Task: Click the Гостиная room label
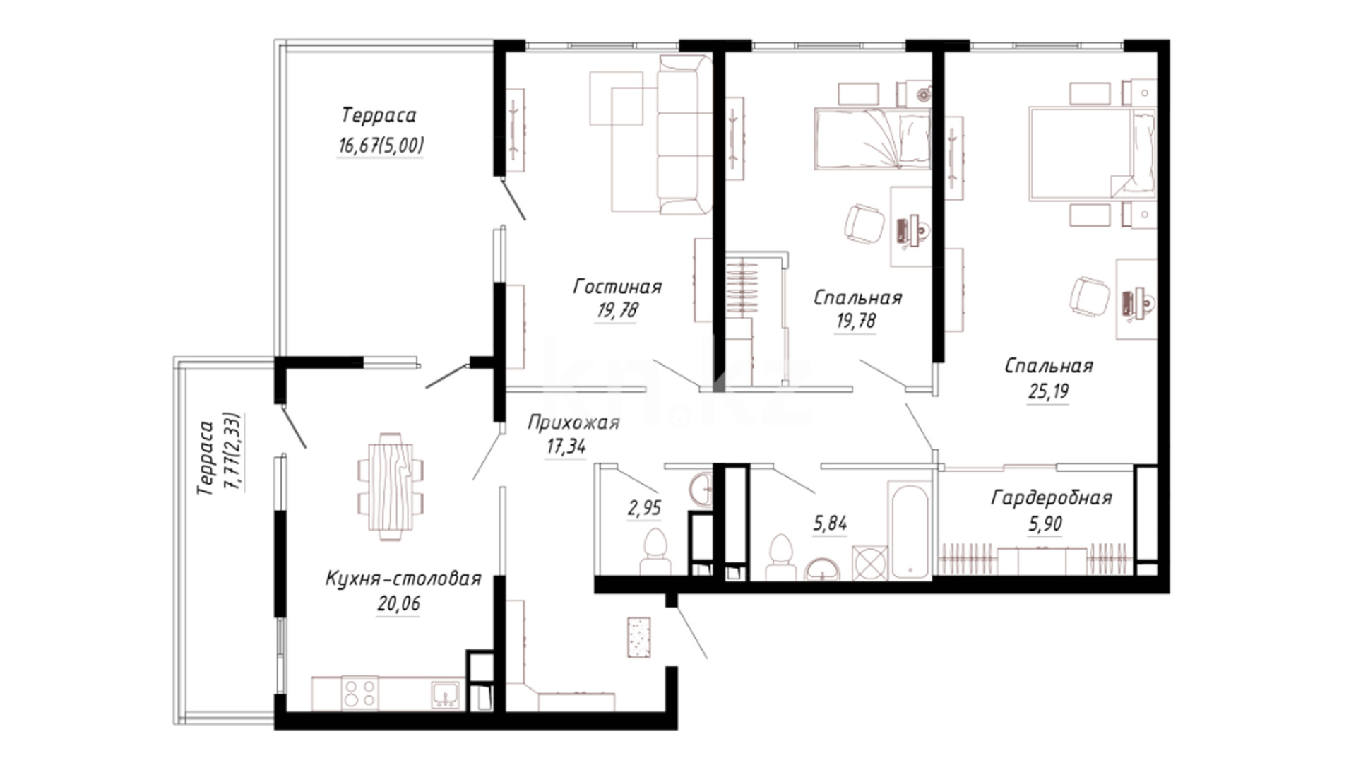pos(617,287)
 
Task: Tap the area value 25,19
pos(1048,391)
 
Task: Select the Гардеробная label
pos(1052,498)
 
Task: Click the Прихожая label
pos(573,422)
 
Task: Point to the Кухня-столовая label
pos(403,579)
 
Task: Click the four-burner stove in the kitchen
pos(359,692)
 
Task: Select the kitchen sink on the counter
pos(446,694)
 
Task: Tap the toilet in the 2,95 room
pos(655,552)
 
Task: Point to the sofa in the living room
pos(684,134)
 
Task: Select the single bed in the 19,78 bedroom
pos(873,139)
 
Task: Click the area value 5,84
pos(830,524)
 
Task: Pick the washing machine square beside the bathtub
pos(869,563)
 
